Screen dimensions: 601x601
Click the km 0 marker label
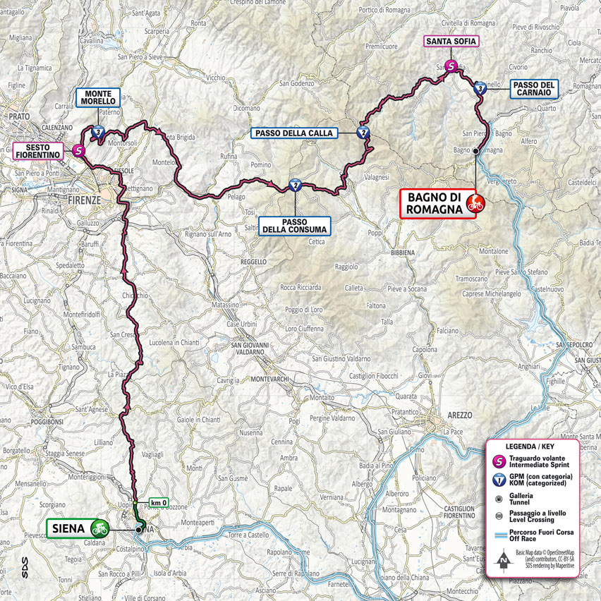tap(159, 502)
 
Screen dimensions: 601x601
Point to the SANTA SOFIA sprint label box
tap(451, 42)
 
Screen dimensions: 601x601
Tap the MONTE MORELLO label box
tap(99, 97)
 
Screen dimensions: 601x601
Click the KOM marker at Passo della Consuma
tap(295, 186)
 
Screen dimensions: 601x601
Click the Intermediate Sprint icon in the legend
tap(500, 461)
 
